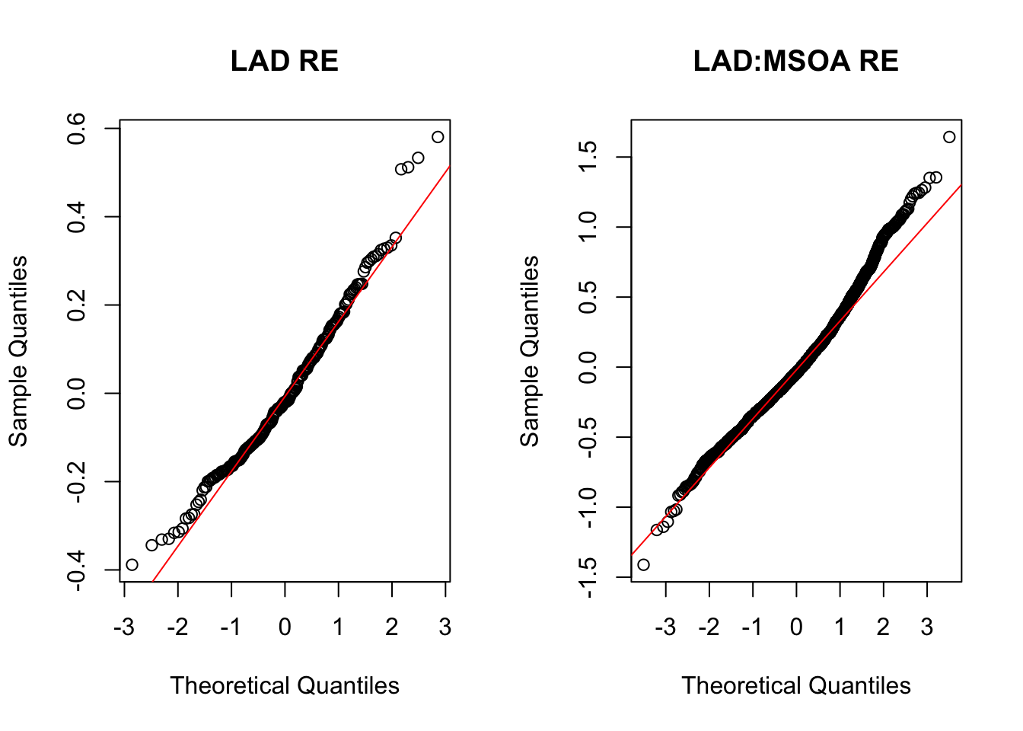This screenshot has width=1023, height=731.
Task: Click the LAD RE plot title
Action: (x=284, y=61)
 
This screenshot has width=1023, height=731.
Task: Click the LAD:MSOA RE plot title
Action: (x=795, y=61)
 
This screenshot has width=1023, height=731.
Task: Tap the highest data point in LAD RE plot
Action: (x=438, y=137)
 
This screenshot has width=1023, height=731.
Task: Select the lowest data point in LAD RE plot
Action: (x=132, y=564)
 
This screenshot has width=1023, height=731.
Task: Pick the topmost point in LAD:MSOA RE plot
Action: (x=949, y=137)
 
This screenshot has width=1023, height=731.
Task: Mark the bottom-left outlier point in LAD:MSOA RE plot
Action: (x=643, y=564)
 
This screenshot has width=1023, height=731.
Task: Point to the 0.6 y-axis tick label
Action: (x=76, y=129)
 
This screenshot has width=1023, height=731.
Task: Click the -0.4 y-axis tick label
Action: (x=76, y=570)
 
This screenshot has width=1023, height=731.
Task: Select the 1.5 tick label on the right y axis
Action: (x=588, y=158)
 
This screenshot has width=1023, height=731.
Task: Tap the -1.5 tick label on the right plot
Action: (x=588, y=577)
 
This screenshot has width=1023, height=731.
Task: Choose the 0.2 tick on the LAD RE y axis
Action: (x=76, y=305)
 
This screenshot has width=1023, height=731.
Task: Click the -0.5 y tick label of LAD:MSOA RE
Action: (x=588, y=437)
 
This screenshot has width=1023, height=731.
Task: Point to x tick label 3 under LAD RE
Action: (x=445, y=627)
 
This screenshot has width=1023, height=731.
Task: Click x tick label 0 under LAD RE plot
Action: (x=285, y=627)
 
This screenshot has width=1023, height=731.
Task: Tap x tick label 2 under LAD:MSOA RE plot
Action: (x=883, y=627)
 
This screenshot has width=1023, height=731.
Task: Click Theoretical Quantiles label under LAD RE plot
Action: (x=285, y=685)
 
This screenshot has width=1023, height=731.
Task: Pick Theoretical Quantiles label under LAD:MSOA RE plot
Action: (x=796, y=685)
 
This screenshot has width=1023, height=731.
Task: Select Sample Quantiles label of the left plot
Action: (x=18, y=351)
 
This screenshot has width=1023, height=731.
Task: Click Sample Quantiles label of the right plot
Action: (x=530, y=351)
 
